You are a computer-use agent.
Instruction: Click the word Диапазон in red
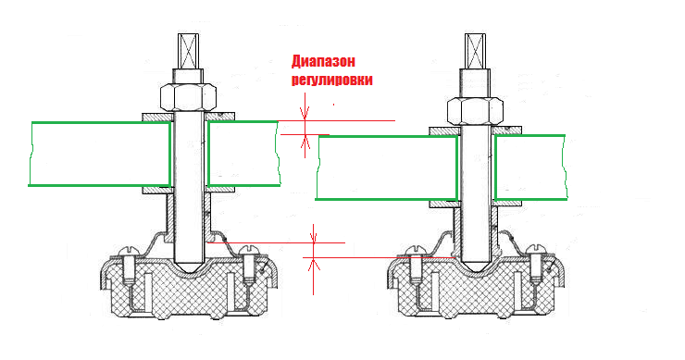(323, 62)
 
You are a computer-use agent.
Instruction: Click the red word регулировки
(332, 80)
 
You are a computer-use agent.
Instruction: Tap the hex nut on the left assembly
(188, 97)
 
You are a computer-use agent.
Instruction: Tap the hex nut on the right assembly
(475, 110)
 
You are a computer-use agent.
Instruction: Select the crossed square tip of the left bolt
(188, 51)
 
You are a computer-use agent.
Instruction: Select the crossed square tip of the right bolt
(475, 51)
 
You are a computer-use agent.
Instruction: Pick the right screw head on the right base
(535, 251)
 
